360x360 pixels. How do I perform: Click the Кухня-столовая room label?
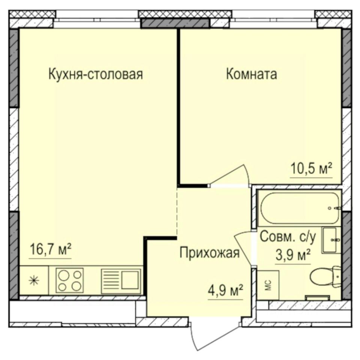(96, 74)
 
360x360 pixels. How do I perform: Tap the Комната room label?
(251, 74)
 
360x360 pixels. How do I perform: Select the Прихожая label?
(209, 253)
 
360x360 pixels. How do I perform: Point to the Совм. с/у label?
(288, 237)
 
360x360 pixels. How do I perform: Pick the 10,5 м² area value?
(312, 169)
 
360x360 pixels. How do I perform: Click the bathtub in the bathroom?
(299, 208)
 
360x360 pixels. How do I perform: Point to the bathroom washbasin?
(331, 240)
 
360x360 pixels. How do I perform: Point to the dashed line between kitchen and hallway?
(177, 212)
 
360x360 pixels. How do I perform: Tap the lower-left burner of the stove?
(63, 287)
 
